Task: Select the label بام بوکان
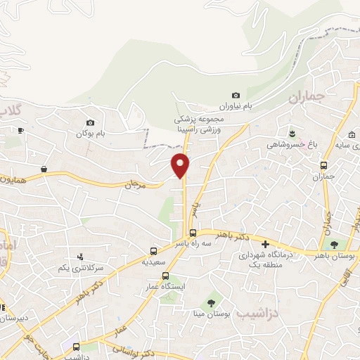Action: (x=94, y=133)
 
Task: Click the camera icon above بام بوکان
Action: (x=90, y=122)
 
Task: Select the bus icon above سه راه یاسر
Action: (x=192, y=233)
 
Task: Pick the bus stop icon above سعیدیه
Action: (x=154, y=251)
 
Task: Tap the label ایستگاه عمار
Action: (x=168, y=288)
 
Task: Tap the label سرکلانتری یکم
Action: (x=82, y=268)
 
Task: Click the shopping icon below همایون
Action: (x=44, y=169)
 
